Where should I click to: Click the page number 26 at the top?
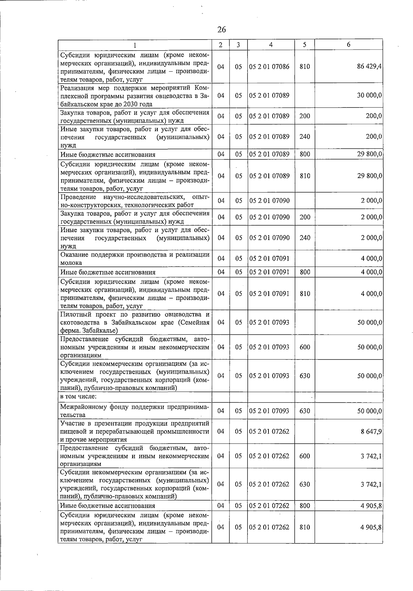tap(222, 30)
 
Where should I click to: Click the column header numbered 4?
tap(271, 45)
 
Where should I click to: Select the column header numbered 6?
tap(349, 45)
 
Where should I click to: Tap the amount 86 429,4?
tap(369, 67)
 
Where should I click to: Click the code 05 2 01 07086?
tap(269, 67)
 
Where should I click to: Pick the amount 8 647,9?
tap(371, 431)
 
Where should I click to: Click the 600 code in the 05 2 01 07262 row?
tap(305, 456)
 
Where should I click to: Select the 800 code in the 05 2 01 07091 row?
tap(305, 272)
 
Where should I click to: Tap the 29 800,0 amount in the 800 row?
tap(369, 154)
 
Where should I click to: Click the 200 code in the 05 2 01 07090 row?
tap(305, 217)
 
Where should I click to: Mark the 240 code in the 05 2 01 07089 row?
tap(305, 136)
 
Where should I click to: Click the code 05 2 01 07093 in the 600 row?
tap(269, 347)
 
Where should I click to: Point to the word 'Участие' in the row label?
tap(71, 423)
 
